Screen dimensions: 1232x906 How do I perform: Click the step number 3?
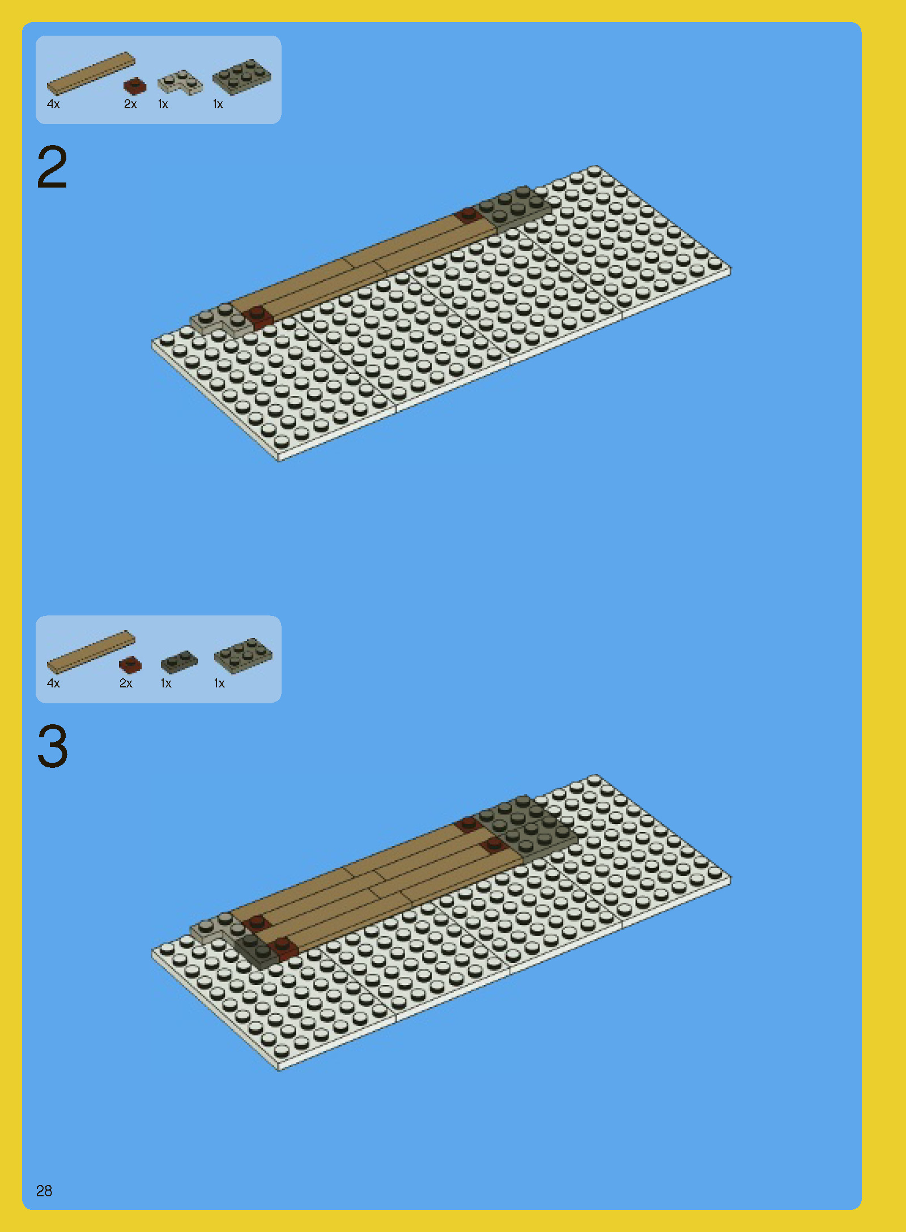[x=52, y=746]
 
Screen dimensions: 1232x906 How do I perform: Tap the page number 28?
[x=44, y=1191]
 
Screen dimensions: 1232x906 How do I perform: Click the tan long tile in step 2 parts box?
[x=91, y=73]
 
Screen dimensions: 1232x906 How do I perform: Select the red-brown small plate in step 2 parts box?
[x=135, y=86]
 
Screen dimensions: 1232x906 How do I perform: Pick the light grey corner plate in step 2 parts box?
[x=180, y=83]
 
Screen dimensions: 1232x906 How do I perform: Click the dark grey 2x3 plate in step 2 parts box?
[x=241, y=77]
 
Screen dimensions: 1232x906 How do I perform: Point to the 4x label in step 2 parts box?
[x=53, y=104]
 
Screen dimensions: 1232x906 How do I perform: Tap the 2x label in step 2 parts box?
[x=130, y=104]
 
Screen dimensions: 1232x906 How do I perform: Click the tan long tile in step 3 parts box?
[x=91, y=652]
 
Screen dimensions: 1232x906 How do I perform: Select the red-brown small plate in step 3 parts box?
[x=130, y=665]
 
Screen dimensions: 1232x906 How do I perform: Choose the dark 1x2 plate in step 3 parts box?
[x=179, y=661]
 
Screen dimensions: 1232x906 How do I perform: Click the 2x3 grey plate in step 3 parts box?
[x=243, y=656]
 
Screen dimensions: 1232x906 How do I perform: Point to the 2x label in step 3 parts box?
[x=126, y=683]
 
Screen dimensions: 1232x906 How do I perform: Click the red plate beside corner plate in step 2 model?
[x=257, y=316]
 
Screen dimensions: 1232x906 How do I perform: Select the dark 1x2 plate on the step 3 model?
[x=254, y=948]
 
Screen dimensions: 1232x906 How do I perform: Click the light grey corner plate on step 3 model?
[x=212, y=927]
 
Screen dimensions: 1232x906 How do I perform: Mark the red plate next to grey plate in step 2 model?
[x=468, y=215]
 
